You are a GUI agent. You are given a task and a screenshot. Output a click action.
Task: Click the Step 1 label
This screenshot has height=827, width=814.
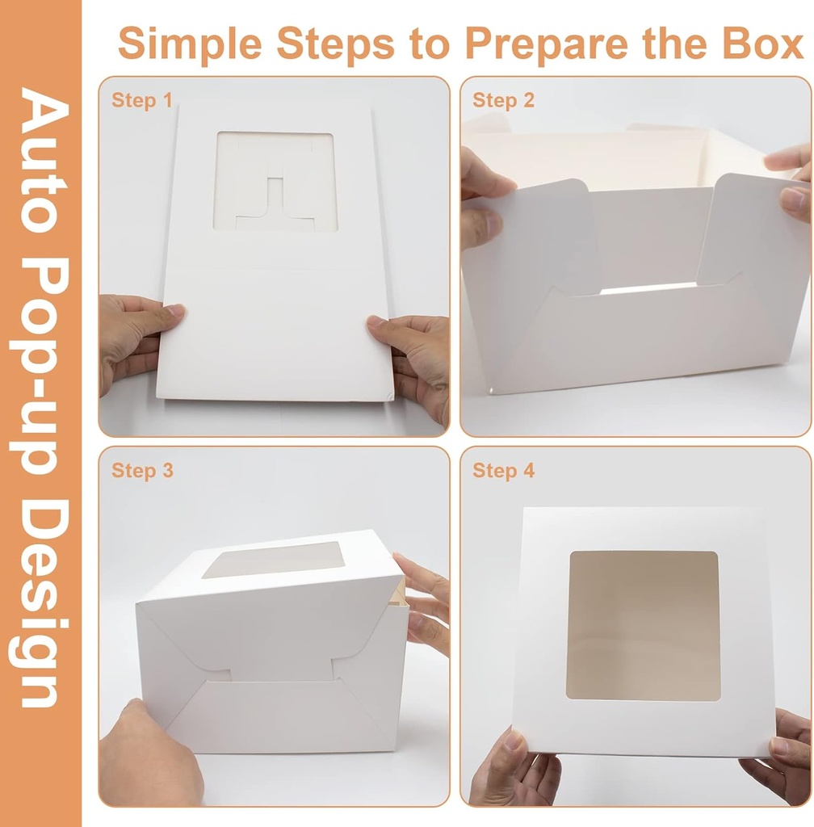(x=142, y=100)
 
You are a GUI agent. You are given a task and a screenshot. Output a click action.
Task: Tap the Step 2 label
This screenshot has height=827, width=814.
(x=503, y=100)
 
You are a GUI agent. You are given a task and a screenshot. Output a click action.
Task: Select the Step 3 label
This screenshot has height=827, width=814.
(x=142, y=470)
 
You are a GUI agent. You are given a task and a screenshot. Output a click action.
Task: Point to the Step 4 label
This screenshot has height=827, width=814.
(x=503, y=470)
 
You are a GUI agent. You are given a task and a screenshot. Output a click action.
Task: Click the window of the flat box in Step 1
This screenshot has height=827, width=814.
(x=275, y=182)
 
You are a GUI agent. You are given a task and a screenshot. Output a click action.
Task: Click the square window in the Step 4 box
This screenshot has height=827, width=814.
(x=643, y=625)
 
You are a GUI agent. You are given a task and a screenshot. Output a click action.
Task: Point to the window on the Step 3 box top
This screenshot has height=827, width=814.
(x=274, y=559)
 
